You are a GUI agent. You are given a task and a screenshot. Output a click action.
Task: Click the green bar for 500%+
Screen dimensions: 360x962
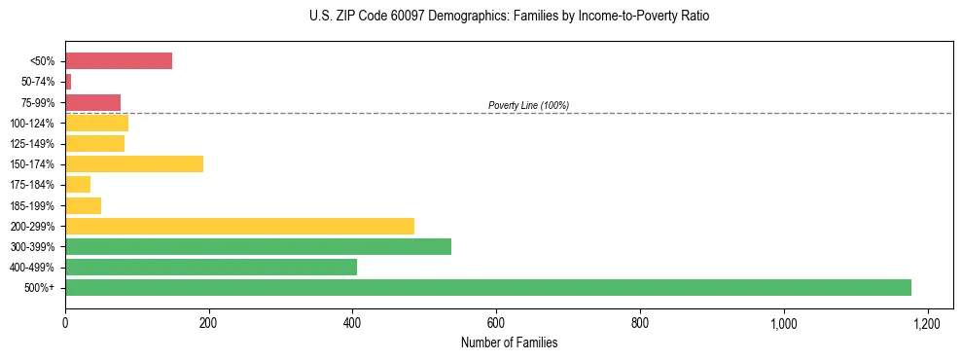[487, 287]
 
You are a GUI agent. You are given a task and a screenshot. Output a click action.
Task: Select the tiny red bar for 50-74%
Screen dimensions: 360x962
[68, 82]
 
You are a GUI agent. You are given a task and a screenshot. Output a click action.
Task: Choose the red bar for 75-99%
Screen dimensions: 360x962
[92, 102]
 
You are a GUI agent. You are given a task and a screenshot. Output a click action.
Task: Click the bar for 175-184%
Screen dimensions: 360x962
[78, 184]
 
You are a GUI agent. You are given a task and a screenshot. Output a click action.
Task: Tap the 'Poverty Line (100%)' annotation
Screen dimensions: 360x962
[528, 105]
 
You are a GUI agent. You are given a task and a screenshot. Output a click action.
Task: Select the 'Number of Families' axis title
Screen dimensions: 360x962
[509, 343]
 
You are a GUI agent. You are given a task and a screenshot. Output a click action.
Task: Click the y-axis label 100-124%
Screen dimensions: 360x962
[33, 124]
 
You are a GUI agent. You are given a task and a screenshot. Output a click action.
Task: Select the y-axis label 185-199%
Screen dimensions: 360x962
[33, 205]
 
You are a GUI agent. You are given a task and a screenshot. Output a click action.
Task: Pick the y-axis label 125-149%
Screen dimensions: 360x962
[33, 144]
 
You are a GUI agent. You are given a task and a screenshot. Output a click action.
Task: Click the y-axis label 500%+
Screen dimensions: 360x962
[40, 288]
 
